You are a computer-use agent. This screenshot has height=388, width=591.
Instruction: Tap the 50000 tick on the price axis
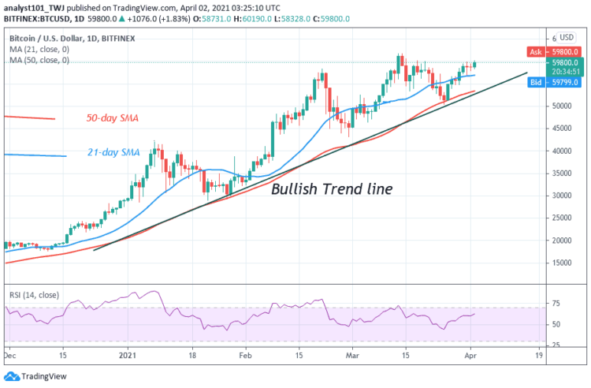[x=563, y=105]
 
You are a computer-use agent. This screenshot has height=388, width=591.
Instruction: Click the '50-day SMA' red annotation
[x=112, y=119]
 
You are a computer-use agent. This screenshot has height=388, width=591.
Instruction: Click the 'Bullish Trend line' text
[x=332, y=189]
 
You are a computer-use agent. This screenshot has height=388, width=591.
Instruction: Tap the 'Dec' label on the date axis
[x=10, y=356]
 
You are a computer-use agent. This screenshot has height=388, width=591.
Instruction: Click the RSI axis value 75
[x=556, y=302]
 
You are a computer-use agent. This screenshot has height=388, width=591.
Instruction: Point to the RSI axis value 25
[x=556, y=345]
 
